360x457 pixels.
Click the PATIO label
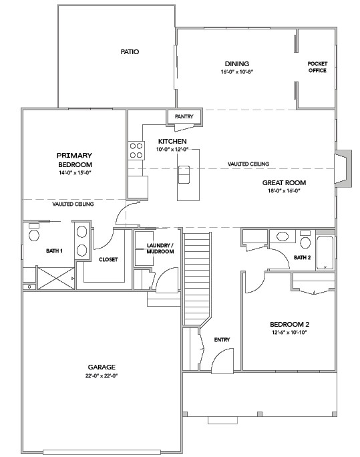130,51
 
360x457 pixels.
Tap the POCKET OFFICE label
317,67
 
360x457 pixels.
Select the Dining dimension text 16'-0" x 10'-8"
237,71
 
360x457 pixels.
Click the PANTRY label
184,117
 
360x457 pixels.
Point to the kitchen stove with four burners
136,150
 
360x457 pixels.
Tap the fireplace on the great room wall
341,167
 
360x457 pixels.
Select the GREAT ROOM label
284,182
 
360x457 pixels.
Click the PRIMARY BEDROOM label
74,160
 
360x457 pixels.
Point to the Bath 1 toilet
33,233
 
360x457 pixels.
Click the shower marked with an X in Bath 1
55,277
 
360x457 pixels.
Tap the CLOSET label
108,260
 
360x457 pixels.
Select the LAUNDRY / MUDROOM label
160,249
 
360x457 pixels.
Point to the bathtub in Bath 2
325,252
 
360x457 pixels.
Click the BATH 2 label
303,257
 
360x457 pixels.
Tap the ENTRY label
222,340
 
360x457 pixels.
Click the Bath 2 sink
283,236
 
